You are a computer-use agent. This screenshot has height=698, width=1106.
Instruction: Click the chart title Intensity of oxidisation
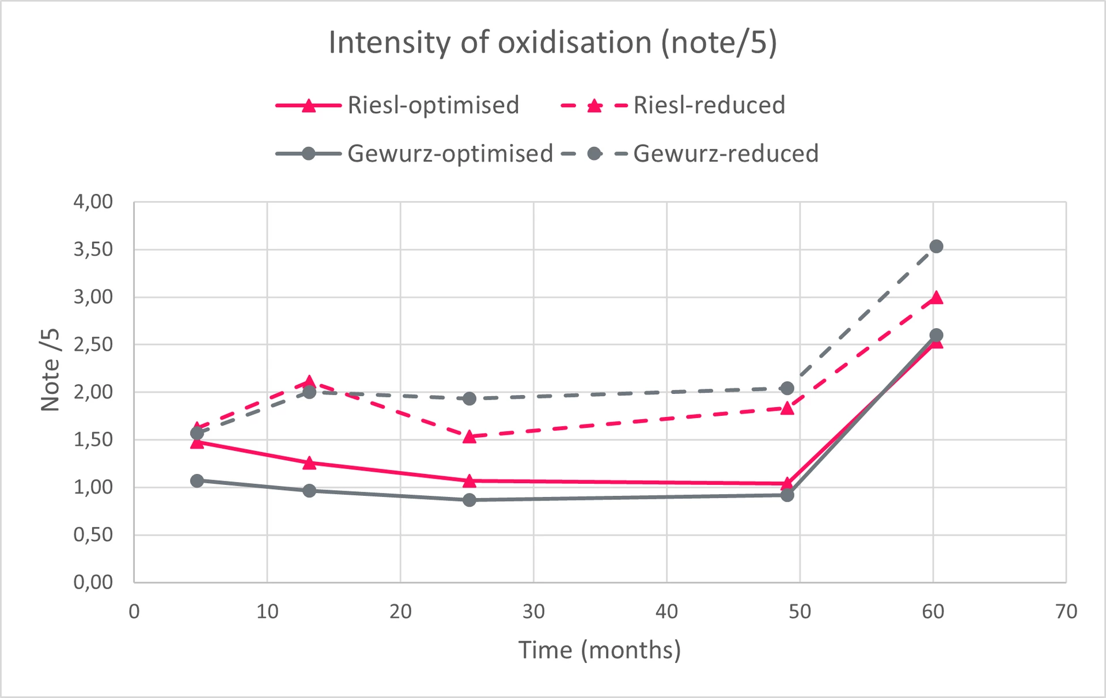(x=552, y=43)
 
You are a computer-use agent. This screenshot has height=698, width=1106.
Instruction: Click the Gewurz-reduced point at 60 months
(x=936, y=246)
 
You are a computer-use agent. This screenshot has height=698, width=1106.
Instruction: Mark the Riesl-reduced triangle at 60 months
(x=936, y=298)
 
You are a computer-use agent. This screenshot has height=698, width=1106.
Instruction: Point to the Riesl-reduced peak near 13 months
(x=309, y=382)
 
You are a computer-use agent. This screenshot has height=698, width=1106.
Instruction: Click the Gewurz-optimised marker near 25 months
(x=469, y=500)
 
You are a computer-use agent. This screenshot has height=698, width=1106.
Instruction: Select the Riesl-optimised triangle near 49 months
(x=787, y=484)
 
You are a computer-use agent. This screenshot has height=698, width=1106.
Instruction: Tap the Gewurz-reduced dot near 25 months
(x=469, y=399)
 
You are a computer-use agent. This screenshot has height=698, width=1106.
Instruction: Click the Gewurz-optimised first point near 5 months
(x=197, y=480)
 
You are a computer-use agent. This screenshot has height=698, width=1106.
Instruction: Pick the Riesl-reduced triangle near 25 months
(x=469, y=437)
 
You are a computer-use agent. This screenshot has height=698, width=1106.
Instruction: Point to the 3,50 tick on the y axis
(x=93, y=249)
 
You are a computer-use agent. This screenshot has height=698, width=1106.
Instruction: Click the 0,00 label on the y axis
(x=93, y=582)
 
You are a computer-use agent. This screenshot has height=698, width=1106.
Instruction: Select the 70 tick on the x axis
(x=1066, y=612)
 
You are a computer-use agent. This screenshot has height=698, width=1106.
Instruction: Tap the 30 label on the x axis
(x=533, y=612)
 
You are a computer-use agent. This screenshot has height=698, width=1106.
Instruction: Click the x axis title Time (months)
(x=600, y=650)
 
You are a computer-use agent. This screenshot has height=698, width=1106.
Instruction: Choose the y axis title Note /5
(x=51, y=369)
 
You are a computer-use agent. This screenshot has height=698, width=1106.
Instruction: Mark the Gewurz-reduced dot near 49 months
(x=787, y=388)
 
